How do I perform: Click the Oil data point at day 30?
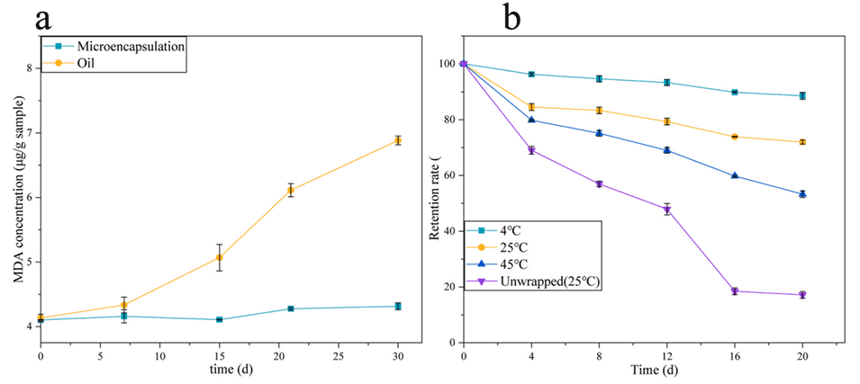397,140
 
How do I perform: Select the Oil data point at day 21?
290,190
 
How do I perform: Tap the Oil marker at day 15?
219,257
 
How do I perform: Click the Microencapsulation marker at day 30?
397,307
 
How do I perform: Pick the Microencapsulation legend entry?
125,45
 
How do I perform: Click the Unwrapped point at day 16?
735,291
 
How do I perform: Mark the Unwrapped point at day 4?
531,150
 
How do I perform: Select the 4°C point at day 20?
802,95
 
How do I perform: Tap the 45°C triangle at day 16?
735,175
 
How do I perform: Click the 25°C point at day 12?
667,121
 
